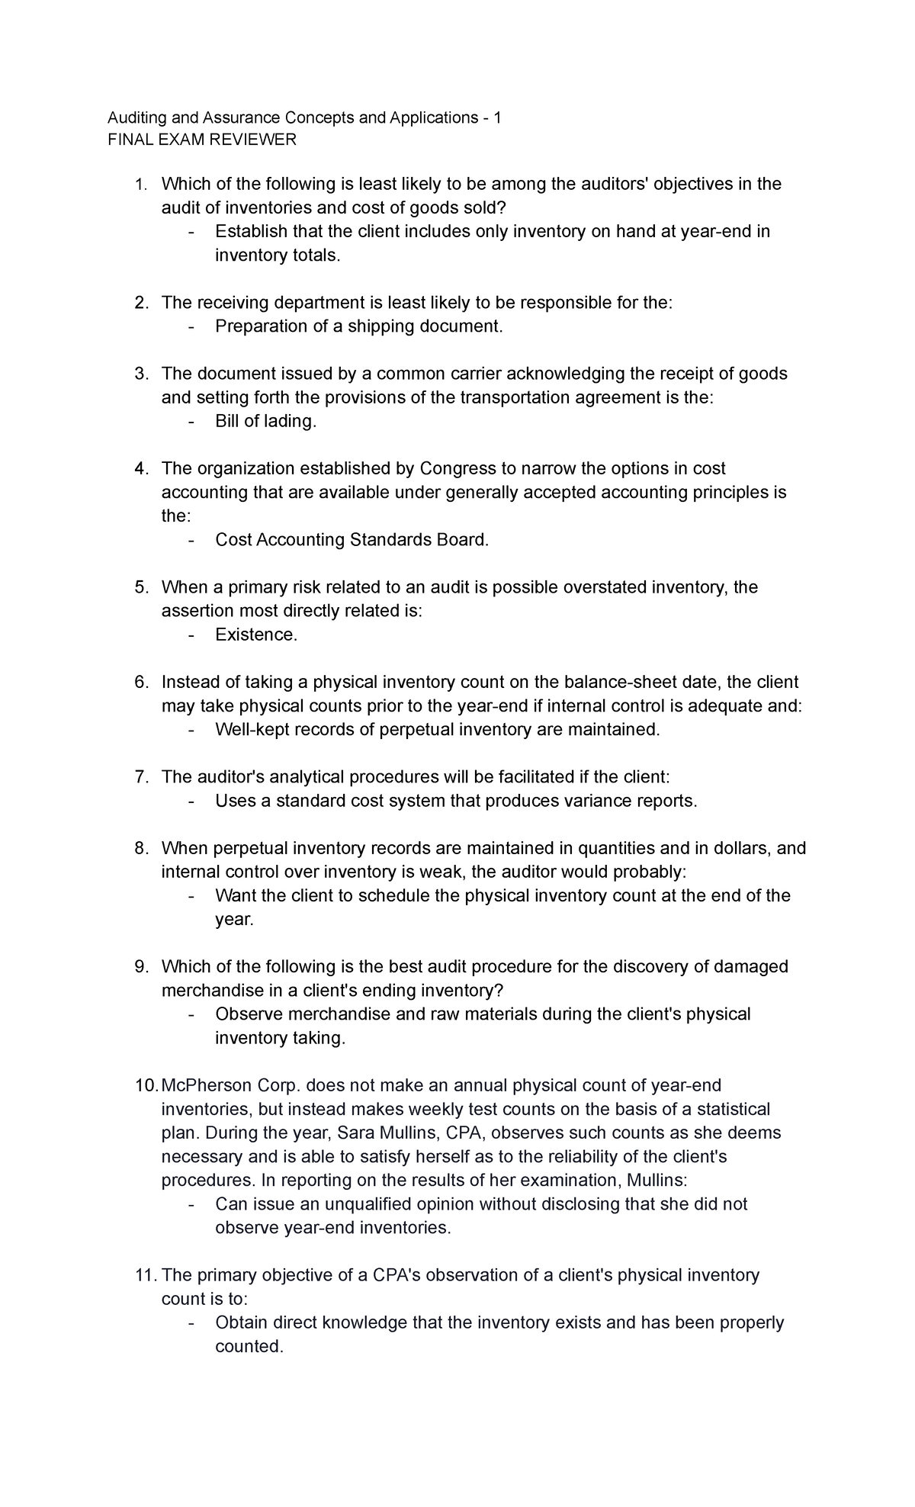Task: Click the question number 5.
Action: (140, 587)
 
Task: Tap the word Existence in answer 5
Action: (255, 635)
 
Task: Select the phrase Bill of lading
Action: (265, 421)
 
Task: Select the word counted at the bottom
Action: (249, 1347)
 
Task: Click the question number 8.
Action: (140, 848)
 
